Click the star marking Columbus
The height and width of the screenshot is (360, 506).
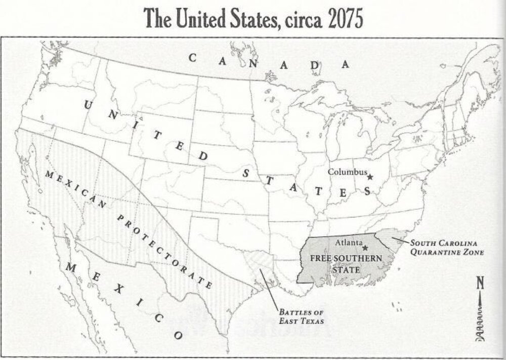click(x=370, y=177)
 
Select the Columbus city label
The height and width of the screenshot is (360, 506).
click(x=348, y=172)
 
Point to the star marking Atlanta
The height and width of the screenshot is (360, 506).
click(x=365, y=248)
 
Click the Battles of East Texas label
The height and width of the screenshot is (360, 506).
click(x=301, y=316)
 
